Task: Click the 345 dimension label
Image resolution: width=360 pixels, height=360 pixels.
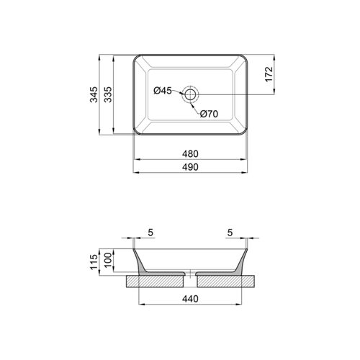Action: (x=94, y=94)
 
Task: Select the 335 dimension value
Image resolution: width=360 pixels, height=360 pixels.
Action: (x=108, y=94)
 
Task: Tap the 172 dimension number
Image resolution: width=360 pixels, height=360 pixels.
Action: (x=269, y=74)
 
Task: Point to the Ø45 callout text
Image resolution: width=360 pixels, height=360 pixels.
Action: (x=163, y=91)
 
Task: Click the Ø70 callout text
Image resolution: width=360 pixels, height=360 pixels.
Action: (x=209, y=114)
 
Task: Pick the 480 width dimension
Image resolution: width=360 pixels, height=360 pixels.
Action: (x=190, y=154)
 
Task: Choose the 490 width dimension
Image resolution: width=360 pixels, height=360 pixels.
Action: (x=190, y=167)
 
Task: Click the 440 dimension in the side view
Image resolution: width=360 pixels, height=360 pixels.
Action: (x=190, y=299)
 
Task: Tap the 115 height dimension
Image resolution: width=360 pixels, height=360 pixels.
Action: (x=94, y=262)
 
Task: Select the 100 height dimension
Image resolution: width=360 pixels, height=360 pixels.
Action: (x=108, y=260)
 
